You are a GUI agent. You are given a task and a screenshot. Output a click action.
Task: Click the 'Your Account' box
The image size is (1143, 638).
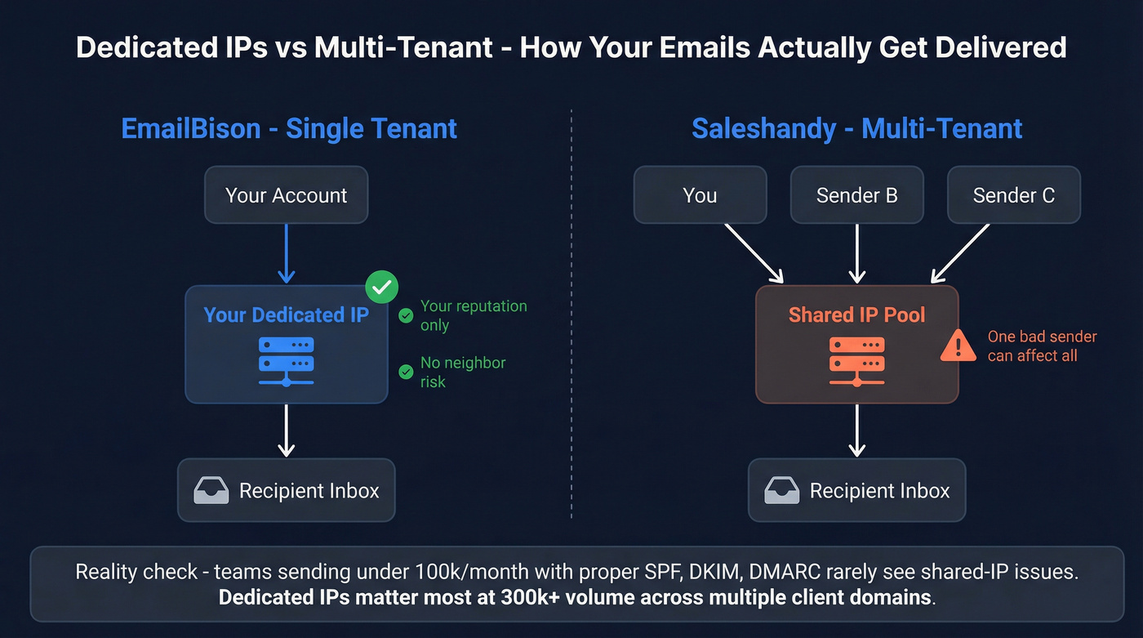click(x=286, y=195)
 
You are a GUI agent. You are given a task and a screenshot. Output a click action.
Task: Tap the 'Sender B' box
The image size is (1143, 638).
click(x=856, y=195)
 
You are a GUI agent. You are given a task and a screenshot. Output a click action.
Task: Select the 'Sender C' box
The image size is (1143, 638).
click(x=1013, y=195)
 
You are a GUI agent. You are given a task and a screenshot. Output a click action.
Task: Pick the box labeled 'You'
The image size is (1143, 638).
click(x=700, y=195)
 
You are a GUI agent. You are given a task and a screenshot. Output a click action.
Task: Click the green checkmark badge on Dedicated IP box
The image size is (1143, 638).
click(x=381, y=287)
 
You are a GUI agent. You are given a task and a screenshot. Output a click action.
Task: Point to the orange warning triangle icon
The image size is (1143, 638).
click(x=958, y=346)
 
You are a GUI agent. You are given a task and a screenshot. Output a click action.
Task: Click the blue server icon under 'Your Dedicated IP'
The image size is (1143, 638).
click(x=286, y=359)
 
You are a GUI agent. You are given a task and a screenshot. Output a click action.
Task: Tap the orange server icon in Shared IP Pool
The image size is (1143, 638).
click(x=856, y=359)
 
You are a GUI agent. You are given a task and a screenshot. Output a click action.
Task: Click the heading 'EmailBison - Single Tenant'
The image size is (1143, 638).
click(x=289, y=129)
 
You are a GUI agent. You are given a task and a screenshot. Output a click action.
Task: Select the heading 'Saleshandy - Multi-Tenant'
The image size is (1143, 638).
click(x=856, y=129)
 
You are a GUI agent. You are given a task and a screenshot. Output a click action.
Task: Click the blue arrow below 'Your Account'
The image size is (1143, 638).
click(x=286, y=252)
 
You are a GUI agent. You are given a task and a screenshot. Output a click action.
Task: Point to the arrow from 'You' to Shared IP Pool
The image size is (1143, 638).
click(x=753, y=252)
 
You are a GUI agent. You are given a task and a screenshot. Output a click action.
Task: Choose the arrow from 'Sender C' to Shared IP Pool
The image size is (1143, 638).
click(x=961, y=252)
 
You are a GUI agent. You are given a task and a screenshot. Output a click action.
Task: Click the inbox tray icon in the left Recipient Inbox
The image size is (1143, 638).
click(x=211, y=491)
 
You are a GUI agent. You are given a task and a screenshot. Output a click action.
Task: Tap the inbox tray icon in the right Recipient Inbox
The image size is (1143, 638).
click(x=781, y=491)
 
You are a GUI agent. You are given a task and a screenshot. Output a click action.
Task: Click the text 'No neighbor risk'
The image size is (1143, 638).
click(x=462, y=372)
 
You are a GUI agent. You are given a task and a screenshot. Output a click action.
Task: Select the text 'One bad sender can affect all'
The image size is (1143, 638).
click(x=1042, y=346)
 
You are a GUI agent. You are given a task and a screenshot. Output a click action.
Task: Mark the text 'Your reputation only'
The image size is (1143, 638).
click(x=473, y=315)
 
